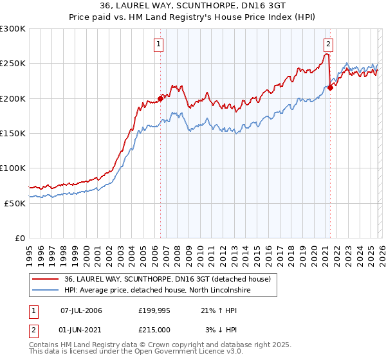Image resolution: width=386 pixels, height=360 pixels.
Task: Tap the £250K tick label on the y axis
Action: [13, 64]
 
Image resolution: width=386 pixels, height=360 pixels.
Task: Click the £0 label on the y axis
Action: [21, 238]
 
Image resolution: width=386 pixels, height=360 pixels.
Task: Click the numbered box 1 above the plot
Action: [159, 44]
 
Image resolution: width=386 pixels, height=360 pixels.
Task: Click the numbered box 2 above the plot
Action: [328, 44]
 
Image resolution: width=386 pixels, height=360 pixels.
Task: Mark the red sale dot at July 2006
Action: [160, 99]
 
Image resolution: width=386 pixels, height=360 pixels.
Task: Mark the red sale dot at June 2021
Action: [330, 88]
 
